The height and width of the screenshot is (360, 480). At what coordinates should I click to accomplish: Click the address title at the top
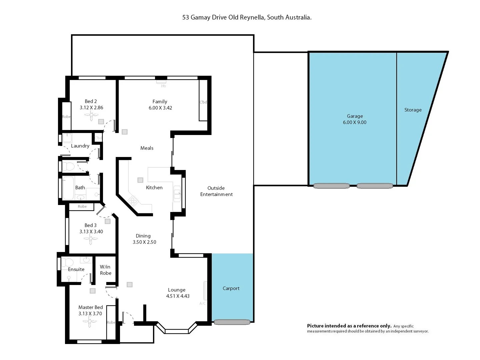(x=247, y=17)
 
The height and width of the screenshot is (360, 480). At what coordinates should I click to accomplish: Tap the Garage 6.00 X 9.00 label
(x=354, y=119)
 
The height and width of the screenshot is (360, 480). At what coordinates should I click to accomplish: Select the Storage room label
(x=413, y=110)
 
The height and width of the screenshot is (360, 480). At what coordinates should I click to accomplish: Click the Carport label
(x=231, y=288)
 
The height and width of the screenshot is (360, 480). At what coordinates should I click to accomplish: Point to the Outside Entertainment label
(x=216, y=191)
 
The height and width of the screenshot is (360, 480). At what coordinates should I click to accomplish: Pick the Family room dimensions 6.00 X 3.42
(x=160, y=108)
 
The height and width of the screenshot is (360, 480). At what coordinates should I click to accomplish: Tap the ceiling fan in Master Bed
(x=89, y=322)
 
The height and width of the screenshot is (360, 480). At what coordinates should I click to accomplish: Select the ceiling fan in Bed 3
(x=90, y=239)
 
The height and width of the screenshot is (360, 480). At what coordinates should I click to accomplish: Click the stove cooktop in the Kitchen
(x=133, y=201)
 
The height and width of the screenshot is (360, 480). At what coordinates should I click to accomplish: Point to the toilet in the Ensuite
(x=68, y=262)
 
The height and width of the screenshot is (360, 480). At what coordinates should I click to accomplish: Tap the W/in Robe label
(x=105, y=270)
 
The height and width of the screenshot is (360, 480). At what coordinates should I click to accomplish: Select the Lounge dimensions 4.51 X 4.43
(x=178, y=296)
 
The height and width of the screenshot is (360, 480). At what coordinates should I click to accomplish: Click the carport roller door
(x=232, y=322)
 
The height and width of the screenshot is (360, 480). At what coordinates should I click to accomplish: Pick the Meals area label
(x=147, y=148)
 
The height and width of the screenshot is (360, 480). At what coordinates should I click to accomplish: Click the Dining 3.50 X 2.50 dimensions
(x=144, y=242)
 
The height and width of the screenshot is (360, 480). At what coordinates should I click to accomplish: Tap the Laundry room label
(x=80, y=146)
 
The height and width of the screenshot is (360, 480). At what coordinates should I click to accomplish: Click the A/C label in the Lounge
(x=202, y=303)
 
